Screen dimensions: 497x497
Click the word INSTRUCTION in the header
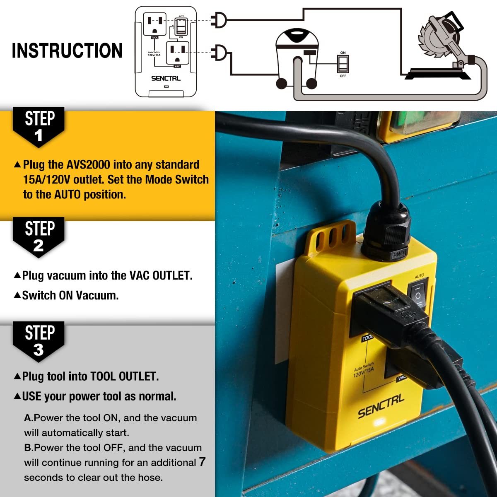[x=67, y=51]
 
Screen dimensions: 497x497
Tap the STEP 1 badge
[x=39, y=126]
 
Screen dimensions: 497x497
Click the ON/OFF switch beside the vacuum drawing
[x=343, y=64]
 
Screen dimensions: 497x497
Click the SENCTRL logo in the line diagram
[x=166, y=78]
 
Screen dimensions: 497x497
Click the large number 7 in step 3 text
[x=202, y=462]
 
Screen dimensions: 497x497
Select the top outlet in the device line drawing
[x=154, y=24]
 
